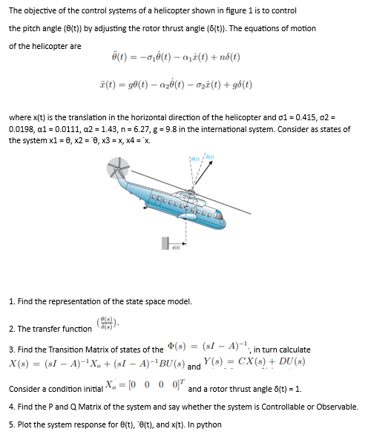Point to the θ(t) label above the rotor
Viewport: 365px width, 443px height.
point(195,157)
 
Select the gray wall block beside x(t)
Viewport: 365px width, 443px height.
point(165,246)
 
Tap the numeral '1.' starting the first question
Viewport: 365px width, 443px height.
point(12,301)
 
